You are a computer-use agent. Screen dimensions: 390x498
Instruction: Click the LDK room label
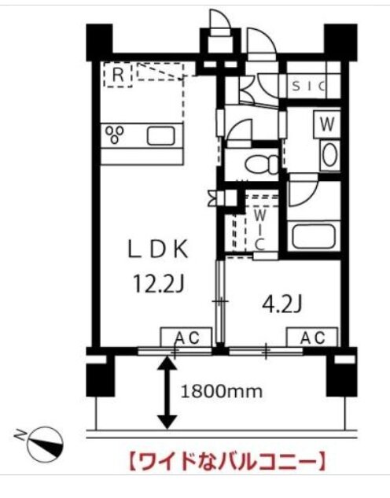(158, 249)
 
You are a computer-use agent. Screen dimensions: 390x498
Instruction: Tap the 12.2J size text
(159, 283)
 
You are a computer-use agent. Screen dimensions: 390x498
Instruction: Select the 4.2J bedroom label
(281, 304)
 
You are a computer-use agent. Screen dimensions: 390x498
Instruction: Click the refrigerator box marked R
(118, 75)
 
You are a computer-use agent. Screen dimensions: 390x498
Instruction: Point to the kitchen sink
(161, 135)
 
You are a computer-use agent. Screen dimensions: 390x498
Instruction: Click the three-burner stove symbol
(115, 135)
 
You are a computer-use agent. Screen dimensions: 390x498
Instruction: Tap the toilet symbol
(261, 164)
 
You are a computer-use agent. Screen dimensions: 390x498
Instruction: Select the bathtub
(313, 237)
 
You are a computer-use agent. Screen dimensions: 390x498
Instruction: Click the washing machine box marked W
(327, 124)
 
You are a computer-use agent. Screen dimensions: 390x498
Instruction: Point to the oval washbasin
(329, 155)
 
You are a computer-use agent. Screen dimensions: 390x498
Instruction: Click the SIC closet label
(308, 86)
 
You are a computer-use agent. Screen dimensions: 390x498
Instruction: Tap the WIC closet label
(260, 230)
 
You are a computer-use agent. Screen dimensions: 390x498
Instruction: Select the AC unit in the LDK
(186, 337)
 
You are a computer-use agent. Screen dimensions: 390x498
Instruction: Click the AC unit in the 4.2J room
(312, 337)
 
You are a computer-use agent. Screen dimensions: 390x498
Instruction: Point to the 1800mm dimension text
(222, 392)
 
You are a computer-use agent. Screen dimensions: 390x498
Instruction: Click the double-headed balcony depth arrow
(167, 393)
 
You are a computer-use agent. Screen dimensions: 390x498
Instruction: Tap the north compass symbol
(45, 445)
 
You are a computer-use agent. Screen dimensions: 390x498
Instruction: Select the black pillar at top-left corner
(99, 42)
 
